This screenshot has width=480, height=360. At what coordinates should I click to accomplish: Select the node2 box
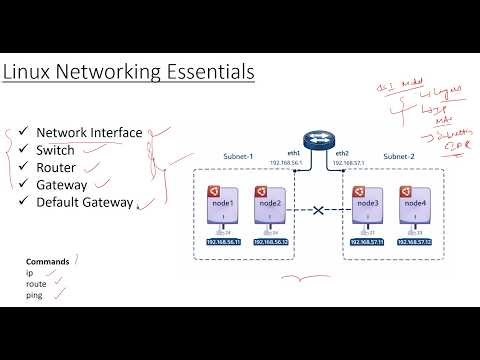(267, 206)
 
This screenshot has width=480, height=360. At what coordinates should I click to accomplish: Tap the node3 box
(367, 206)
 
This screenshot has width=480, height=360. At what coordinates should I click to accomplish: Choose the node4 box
(414, 206)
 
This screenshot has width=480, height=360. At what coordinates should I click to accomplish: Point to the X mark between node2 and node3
(318, 211)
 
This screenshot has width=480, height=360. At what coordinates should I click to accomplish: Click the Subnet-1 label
(238, 157)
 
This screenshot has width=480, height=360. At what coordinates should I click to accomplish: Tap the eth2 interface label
(343, 151)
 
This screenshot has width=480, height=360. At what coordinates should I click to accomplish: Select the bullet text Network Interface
(89, 132)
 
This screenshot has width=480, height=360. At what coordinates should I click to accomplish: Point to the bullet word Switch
(56, 150)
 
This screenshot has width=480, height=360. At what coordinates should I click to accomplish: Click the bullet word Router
(57, 167)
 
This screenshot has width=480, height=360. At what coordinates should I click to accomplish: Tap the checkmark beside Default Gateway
(23, 202)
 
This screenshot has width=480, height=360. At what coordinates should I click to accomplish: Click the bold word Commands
(48, 262)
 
